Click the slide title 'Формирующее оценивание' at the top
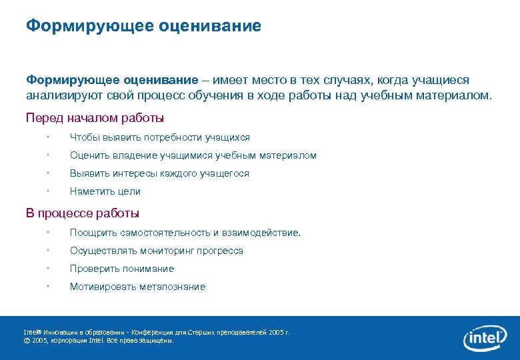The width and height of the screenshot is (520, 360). point(143,26)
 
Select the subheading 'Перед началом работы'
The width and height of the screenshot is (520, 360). point(95,118)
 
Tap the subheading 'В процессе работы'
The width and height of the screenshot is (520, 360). point(83,213)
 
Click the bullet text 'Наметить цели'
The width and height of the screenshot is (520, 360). point(105,191)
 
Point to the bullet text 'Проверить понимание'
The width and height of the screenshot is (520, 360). point(122,269)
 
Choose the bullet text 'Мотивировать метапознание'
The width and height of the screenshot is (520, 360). point(138,287)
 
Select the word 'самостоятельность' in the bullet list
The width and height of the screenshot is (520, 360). point(165,233)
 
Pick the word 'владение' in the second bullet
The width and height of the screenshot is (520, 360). point(136,155)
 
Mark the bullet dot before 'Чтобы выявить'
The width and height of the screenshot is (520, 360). point(48,137)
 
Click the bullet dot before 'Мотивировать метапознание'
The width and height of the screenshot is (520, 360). point(48,287)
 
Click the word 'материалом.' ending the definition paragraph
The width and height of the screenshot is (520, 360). point(457,95)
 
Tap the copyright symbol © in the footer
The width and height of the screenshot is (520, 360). point(27,340)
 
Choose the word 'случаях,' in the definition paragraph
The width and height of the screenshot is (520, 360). point(347,80)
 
